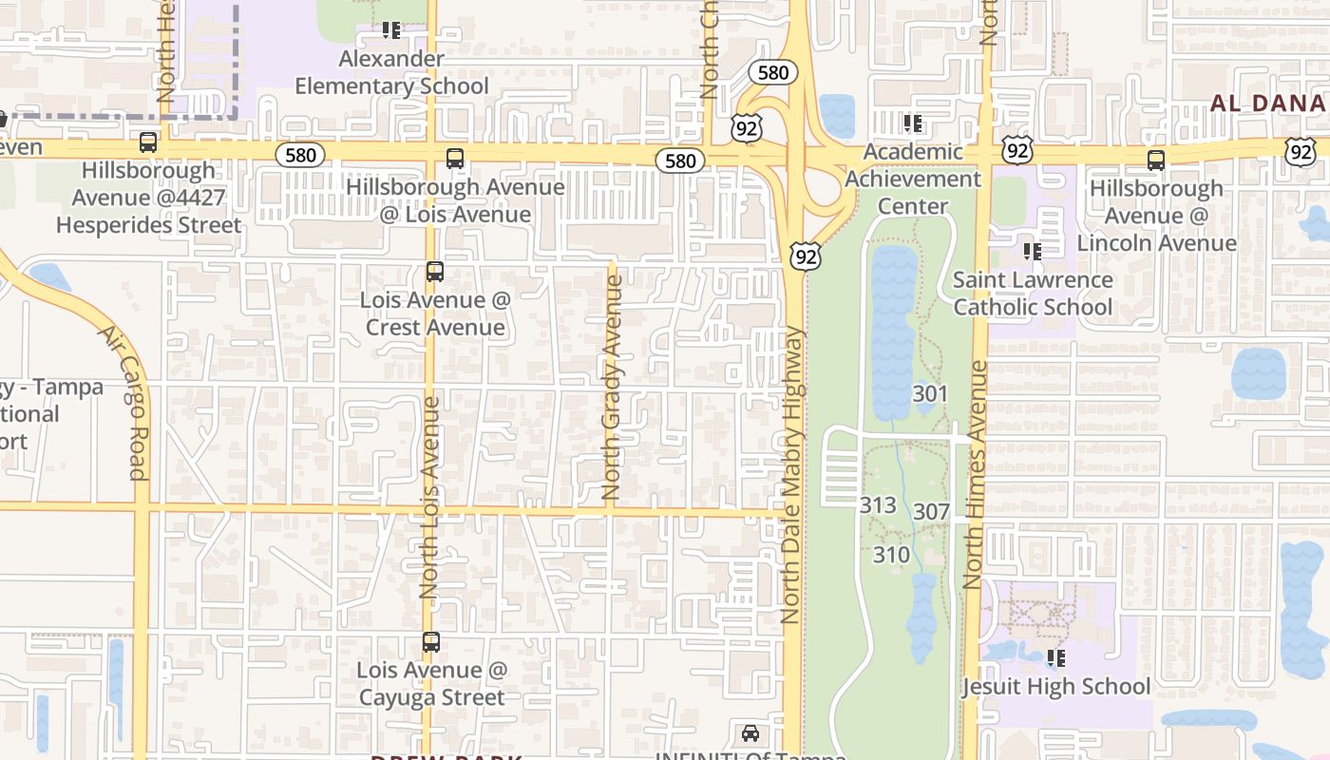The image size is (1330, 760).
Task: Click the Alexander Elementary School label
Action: tap(391, 72)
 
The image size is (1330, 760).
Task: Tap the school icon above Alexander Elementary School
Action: tap(391, 30)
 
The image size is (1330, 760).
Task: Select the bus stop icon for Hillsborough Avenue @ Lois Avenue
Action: tap(455, 159)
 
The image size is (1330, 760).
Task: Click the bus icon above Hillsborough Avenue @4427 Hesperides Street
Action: tap(148, 142)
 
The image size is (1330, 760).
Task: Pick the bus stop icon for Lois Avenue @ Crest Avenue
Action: tap(435, 272)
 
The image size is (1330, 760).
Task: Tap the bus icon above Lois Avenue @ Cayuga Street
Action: tap(431, 642)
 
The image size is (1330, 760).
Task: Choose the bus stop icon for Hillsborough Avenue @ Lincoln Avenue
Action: tap(1156, 161)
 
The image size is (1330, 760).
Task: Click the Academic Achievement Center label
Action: tap(912, 179)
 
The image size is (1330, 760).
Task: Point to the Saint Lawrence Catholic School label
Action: tap(1033, 293)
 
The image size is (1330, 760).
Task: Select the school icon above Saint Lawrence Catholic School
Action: tap(1033, 252)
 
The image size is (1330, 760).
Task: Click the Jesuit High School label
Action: tap(1055, 686)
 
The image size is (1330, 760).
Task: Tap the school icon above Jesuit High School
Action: tap(1055, 657)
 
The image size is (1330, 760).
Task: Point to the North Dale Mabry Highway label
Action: tap(791, 475)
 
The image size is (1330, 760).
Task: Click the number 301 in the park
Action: tap(930, 393)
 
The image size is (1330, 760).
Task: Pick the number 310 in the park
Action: tap(891, 554)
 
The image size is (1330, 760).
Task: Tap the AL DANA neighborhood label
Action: tap(1269, 103)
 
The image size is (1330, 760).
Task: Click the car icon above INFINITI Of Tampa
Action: tap(750, 733)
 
